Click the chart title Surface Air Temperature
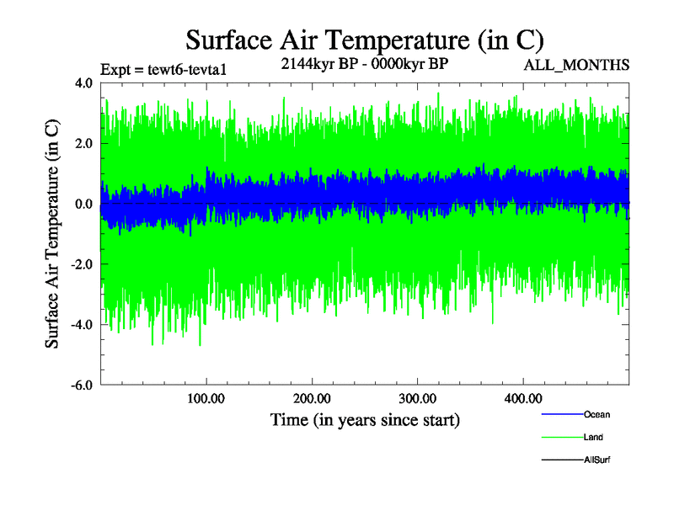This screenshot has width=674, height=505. (x=364, y=40)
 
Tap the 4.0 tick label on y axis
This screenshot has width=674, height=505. (x=84, y=83)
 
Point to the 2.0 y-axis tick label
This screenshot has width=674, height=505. (x=84, y=144)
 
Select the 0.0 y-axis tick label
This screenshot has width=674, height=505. (x=84, y=205)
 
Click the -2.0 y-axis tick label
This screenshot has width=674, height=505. (x=82, y=265)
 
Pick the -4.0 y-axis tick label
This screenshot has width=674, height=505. (x=82, y=325)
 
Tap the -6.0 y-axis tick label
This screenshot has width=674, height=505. (x=82, y=385)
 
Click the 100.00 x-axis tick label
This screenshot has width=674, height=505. (x=206, y=398)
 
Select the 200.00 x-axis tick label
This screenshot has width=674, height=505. (x=312, y=398)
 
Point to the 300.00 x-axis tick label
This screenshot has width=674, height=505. (x=417, y=398)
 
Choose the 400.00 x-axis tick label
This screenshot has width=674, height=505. (x=522, y=398)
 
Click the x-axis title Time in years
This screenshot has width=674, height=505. (x=364, y=419)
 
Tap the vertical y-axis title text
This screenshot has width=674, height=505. (x=52, y=234)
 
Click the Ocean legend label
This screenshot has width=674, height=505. (x=596, y=414)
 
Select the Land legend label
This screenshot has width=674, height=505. (x=593, y=437)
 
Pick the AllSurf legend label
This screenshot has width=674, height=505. (x=597, y=460)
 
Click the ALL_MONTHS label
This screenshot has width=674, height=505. (x=576, y=66)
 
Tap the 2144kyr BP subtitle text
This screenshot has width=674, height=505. (x=364, y=62)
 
